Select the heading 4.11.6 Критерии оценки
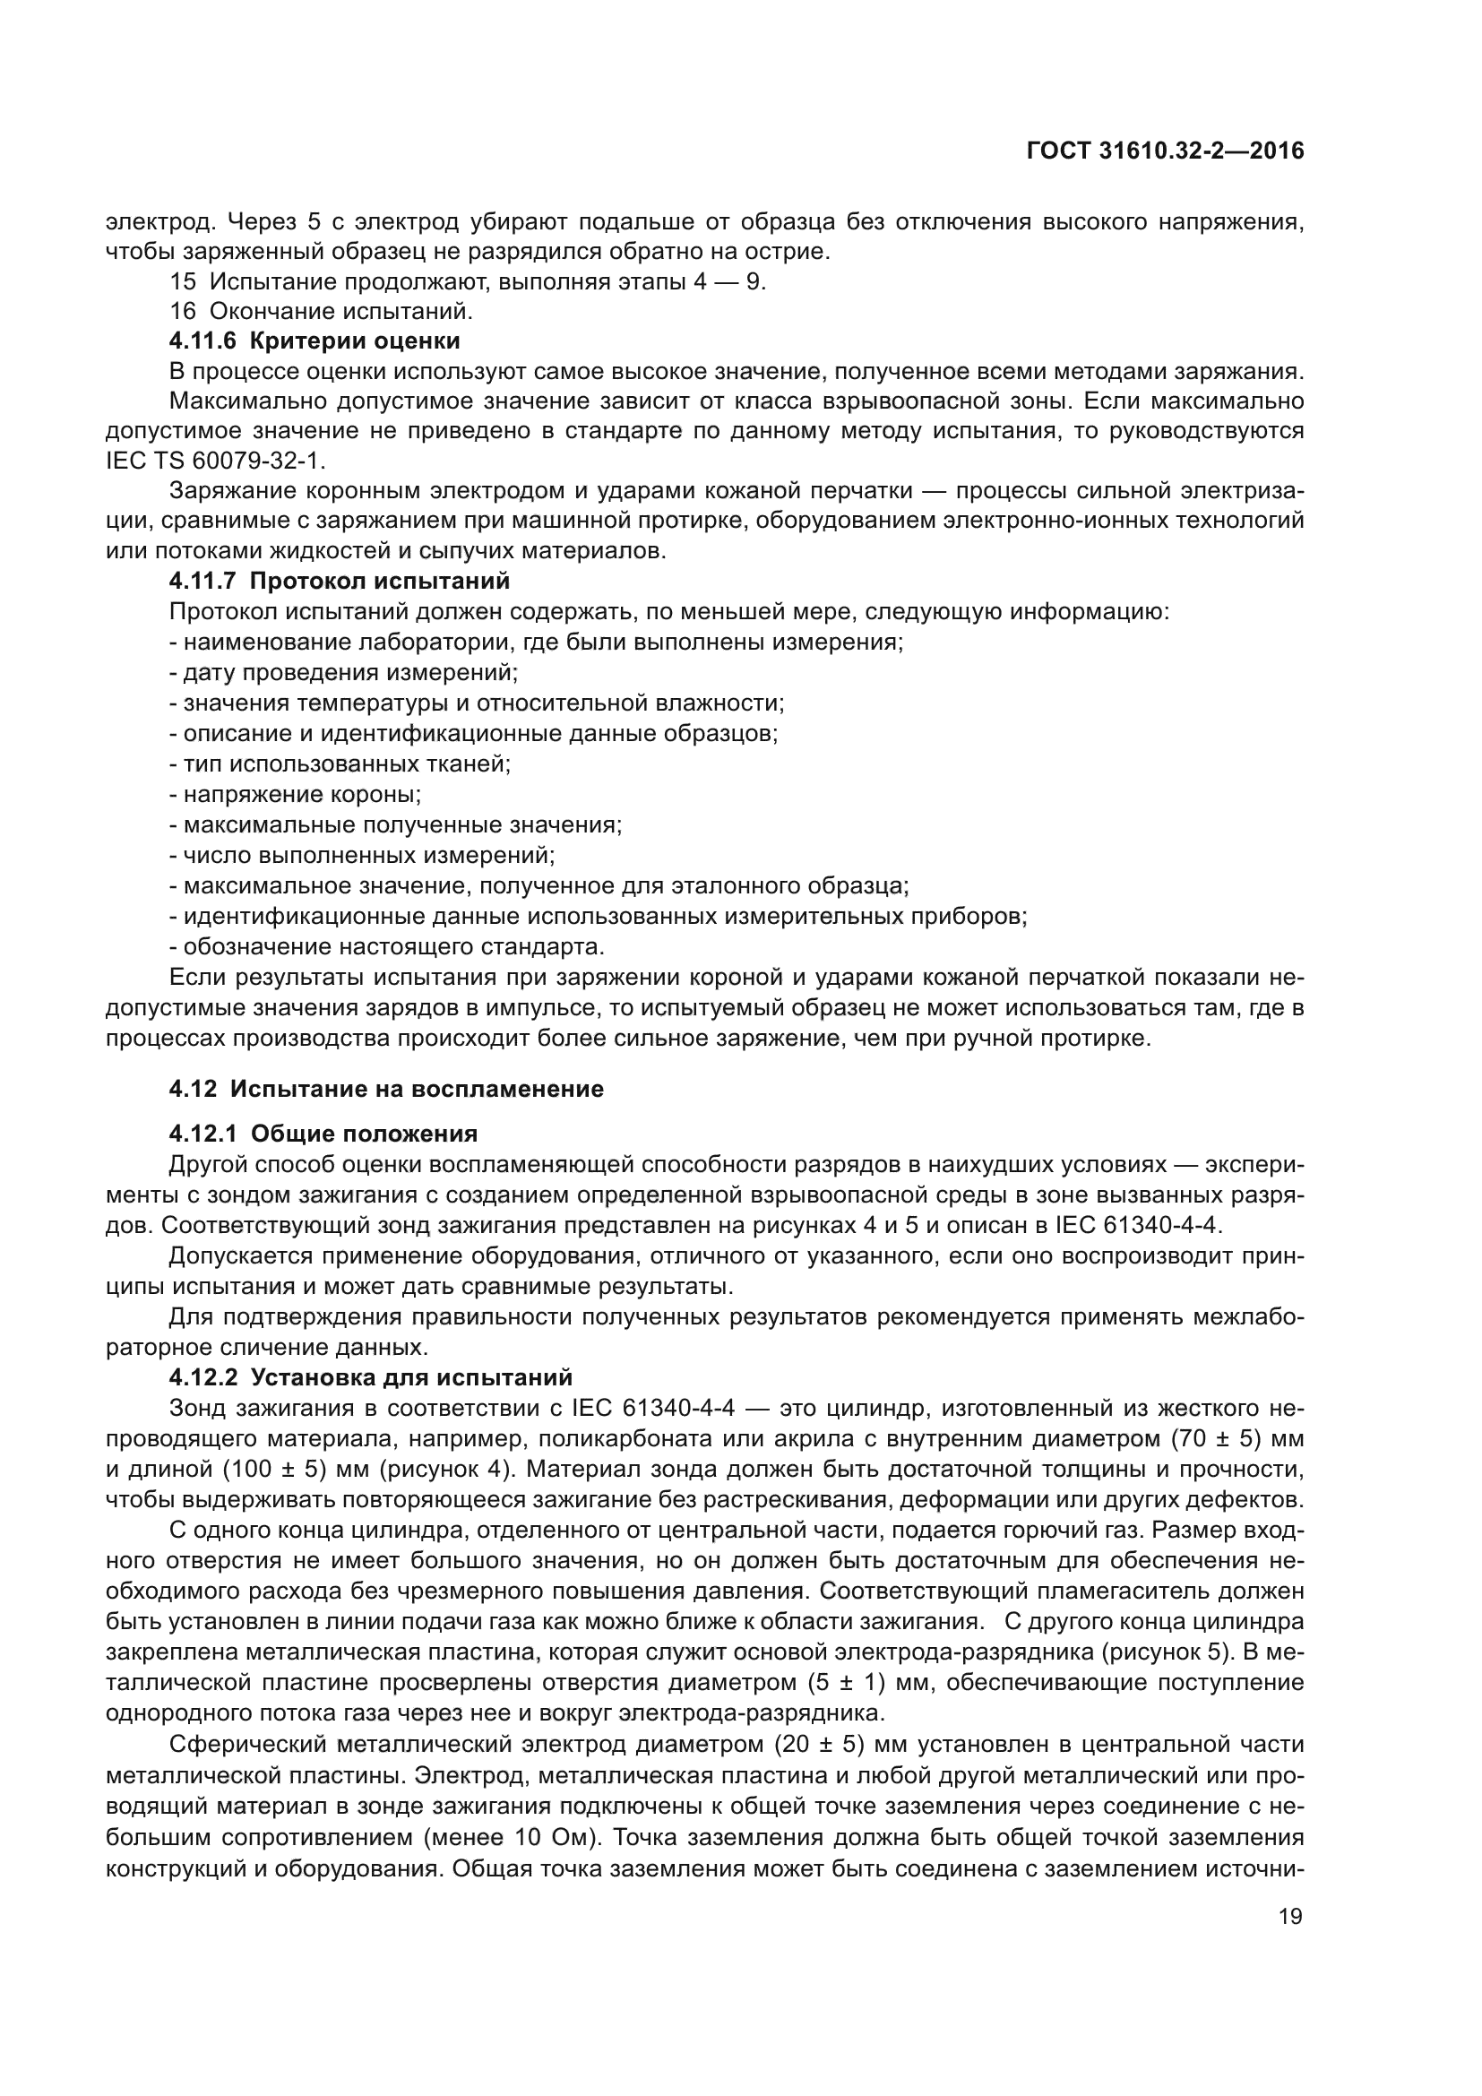(x=314, y=341)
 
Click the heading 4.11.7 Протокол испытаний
(x=339, y=581)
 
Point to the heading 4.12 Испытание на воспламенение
(x=386, y=1089)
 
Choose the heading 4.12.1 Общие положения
(x=323, y=1134)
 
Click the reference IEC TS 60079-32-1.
(x=215, y=460)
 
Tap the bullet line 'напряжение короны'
(x=296, y=794)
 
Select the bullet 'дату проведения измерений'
(x=344, y=673)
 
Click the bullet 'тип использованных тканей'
(x=340, y=764)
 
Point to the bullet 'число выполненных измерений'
(x=362, y=856)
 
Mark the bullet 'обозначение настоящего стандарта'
(x=388, y=946)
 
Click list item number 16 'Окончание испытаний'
(x=322, y=311)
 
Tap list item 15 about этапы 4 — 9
(x=467, y=281)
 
